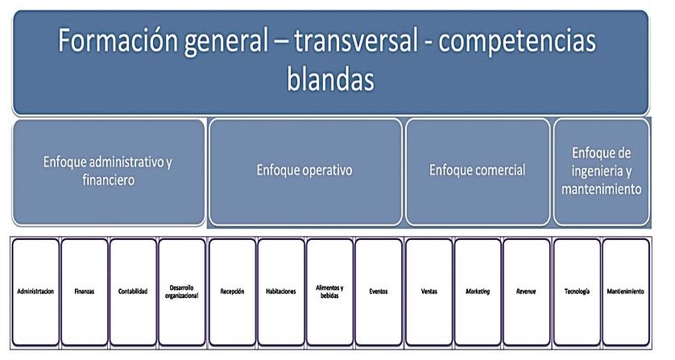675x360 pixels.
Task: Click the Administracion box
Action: [x=35, y=291]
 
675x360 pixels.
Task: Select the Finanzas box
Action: [x=85, y=291]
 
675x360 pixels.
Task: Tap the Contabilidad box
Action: [x=133, y=291]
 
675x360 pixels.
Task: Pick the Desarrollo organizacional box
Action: [x=182, y=291]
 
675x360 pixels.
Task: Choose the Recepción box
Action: [x=232, y=291]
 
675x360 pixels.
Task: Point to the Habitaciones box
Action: [x=281, y=291]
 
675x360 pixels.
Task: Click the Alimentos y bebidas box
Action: [x=329, y=291]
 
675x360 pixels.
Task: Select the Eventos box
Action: [x=378, y=291]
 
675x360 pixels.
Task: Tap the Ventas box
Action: [x=429, y=291]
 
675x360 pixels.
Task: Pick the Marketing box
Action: [x=478, y=291]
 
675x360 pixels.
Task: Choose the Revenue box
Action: [x=526, y=291]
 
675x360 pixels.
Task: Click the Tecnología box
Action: [x=577, y=291]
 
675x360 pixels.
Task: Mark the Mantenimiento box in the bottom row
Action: [x=626, y=291]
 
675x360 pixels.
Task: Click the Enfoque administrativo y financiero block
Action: [x=109, y=171]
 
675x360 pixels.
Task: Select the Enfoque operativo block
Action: [x=305, y=171]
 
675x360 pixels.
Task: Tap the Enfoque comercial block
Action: [x=478, y=171]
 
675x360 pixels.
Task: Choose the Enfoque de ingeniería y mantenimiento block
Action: [x=601, y=171]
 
